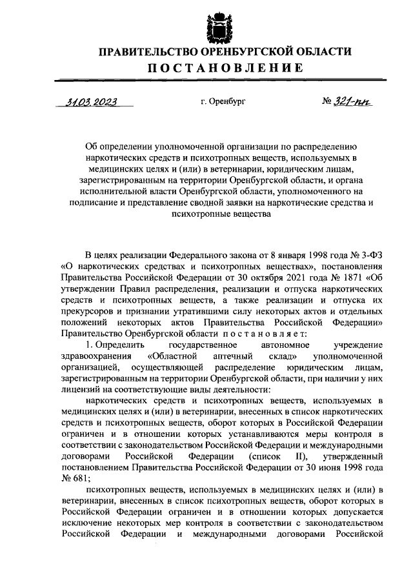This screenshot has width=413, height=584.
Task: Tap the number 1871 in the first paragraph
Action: pyautogui.click(x=356, y=278)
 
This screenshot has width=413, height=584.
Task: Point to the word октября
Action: pyautogui.click(x=261, y=278)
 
